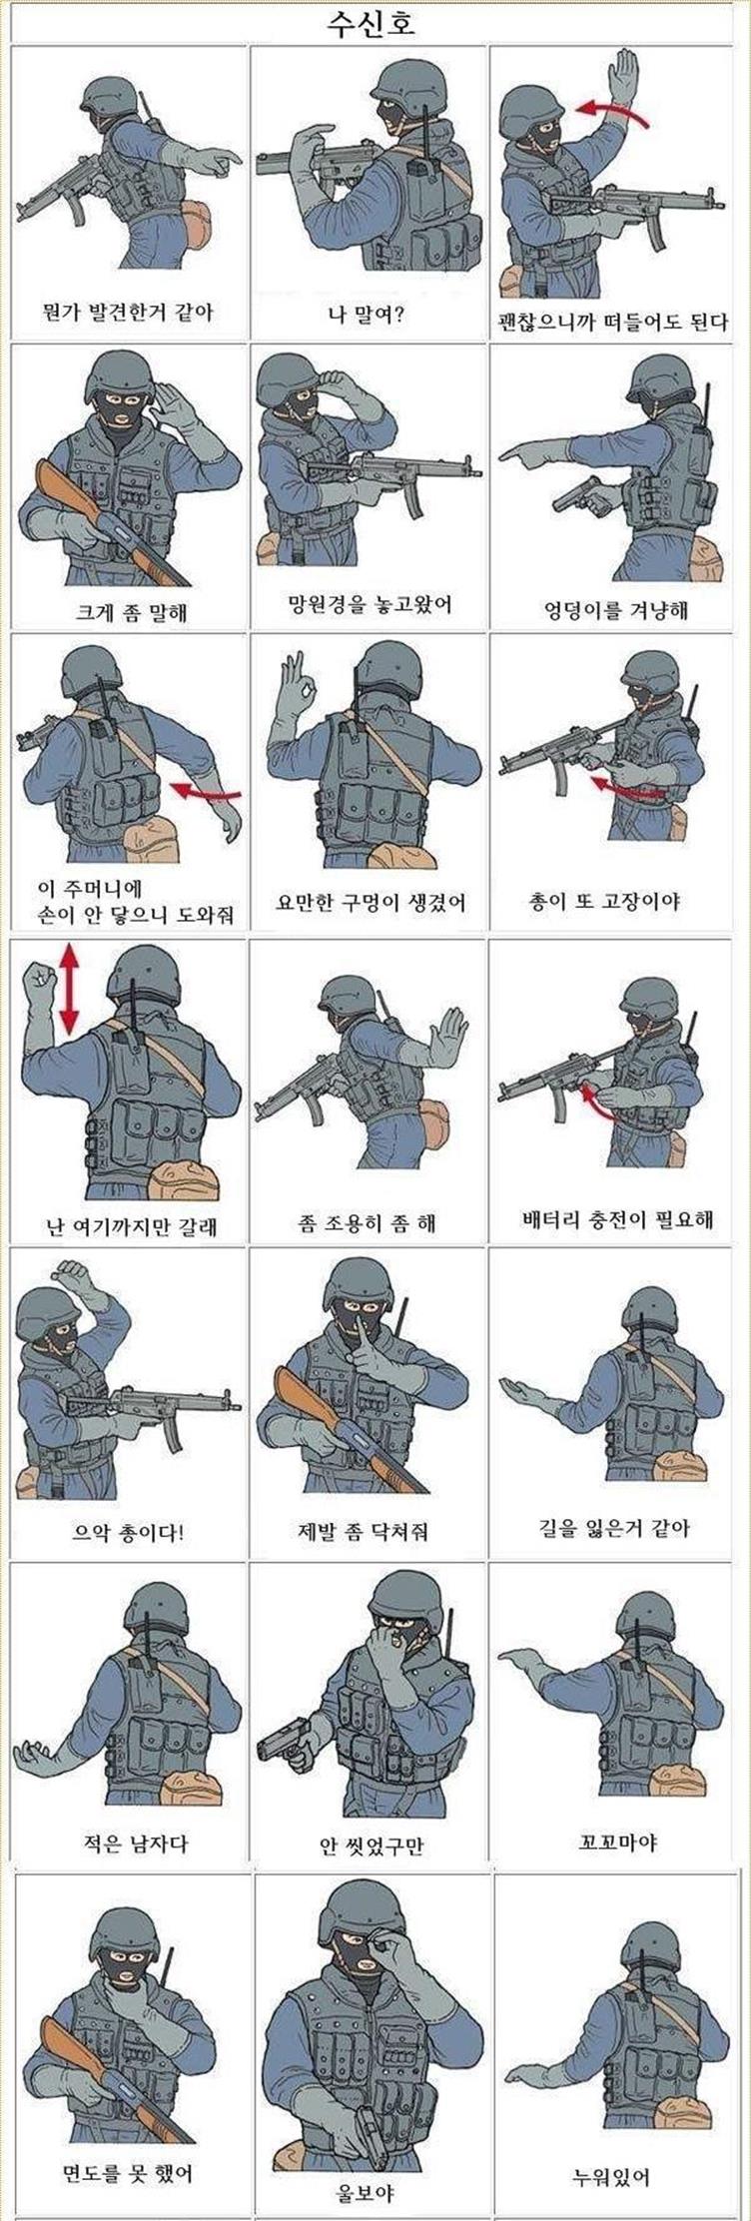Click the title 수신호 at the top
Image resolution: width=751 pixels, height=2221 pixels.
(372, 23)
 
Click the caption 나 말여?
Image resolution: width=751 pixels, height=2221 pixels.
(367, 316)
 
